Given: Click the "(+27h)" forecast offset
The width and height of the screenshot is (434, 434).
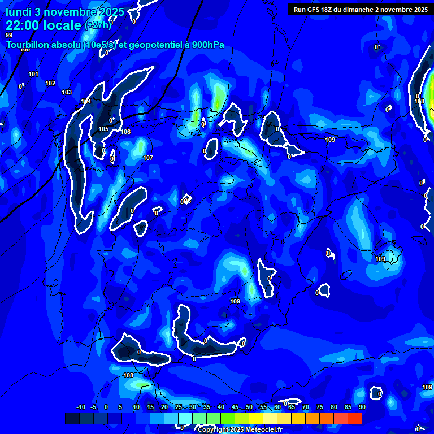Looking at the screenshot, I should click(x=98, y=25).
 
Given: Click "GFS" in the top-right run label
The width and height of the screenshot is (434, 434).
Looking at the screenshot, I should click(x=317, y=9).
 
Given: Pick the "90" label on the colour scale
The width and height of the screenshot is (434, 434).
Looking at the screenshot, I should click(x=362, y=407).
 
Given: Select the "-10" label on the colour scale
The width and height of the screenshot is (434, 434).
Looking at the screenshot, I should click(x=80, y=407).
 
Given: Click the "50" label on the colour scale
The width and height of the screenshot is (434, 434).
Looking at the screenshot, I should click(x=249, y=407).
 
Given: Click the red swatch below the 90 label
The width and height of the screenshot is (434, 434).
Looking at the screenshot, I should click(x=355, y=418).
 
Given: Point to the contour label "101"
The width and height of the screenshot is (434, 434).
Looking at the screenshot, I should click(x=33, y=74).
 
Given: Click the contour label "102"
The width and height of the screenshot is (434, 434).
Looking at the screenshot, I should click(x=50, y=83).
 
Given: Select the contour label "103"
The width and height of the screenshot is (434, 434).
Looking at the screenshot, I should click(x=67, y=92).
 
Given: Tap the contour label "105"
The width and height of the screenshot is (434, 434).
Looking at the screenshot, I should click(x=103, y=129).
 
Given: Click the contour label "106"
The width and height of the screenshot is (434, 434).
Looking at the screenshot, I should click(x=125, y=132).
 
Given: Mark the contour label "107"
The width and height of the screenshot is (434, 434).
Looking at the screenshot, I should click(x=148, y=158).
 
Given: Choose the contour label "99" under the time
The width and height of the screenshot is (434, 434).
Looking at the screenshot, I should click(x=9, y=35).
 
